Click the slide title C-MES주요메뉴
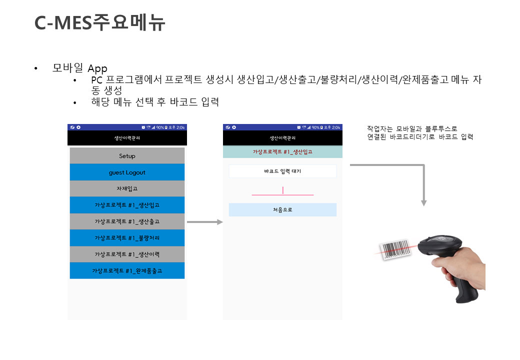[99, 23]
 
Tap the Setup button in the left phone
[127, 156]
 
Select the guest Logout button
[127, 172]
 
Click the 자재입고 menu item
[127, 188]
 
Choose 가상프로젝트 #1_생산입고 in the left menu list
[127, 205]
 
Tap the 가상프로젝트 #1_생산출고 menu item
[127, 221]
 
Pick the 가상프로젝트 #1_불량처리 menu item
[127, 237]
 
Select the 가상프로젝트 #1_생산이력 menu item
[127, 254]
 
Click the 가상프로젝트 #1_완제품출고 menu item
[127, 270]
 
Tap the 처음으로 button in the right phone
[282, 210]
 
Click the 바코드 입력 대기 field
[282, 171]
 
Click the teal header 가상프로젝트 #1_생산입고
[282, 151]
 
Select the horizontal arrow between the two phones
[204, 222]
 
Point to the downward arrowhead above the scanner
[424, 202]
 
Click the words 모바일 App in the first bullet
[80, 68]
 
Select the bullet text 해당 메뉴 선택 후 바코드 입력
[155, 102]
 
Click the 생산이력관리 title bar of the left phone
[127, 137]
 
